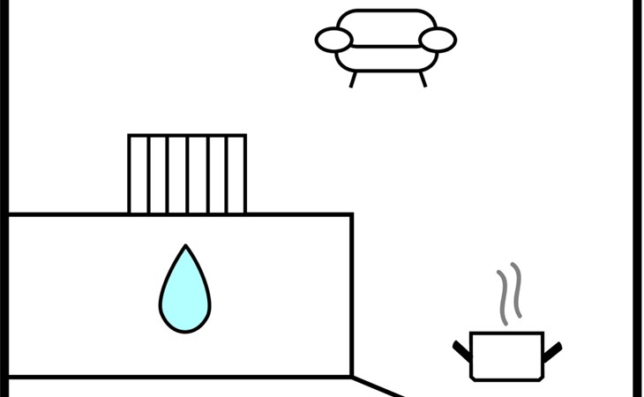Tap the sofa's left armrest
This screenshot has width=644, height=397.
(x=334, y=40)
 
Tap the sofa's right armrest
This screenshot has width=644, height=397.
(x=438, y=40)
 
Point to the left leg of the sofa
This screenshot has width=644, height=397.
(x=354, y=79)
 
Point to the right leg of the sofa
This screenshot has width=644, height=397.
(x=423, y=79)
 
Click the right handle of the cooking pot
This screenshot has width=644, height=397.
(x=552, y=350)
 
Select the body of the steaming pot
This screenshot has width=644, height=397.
(x=506, y=356)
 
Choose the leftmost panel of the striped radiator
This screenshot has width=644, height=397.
(x=139, y=174)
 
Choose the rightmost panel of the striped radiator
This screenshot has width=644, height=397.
(x=236, y=174)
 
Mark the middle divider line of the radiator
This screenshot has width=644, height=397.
(x=187, y=174)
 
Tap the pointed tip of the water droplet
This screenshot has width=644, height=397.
(x=185, y=247)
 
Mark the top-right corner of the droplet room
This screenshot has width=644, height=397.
(x=352, y=214)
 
